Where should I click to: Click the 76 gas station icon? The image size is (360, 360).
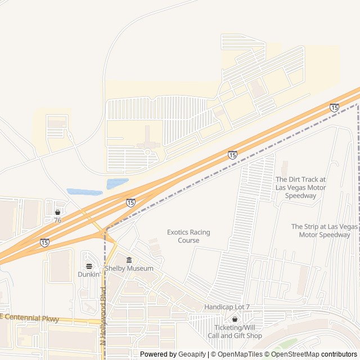click(x=57, y=212)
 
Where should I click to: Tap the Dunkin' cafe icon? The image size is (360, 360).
click(x=89, y=266)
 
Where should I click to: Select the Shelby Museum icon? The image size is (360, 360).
click(x=129, y=260)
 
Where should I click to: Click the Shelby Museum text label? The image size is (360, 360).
click(x=129, y=268)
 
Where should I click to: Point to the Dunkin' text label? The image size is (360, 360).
click(x=89, y=274)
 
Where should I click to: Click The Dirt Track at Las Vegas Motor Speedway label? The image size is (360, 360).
click(x=300, y=187)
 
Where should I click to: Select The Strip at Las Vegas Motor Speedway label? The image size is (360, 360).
click(x=324, y=231)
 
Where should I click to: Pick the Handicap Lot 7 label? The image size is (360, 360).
click(x=227, y=307)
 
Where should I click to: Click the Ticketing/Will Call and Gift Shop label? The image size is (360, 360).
click(x=235, y=332)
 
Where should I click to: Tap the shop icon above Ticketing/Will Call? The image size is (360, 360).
click(x=235, y=319)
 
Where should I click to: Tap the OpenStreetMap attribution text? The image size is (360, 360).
click(x=296, y=354)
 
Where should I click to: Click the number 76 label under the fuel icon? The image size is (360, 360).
click(x=57, y=220)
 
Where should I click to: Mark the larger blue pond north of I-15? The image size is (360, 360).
click(x=117, y=183)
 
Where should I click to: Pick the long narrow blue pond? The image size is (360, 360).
click(x=84, y=192)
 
